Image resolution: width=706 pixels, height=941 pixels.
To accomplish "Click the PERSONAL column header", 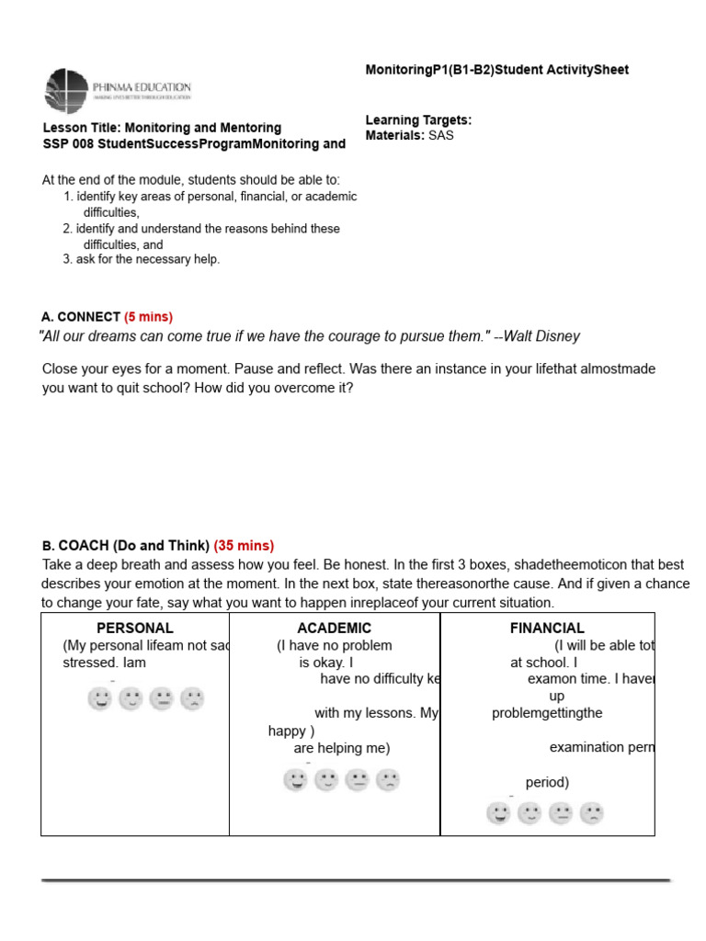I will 135,629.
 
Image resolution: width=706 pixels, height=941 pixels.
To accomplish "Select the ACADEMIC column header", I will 335,629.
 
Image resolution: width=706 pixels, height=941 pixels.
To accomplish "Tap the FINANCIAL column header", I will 547,629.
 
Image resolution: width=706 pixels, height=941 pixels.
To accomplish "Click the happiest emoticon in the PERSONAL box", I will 99,699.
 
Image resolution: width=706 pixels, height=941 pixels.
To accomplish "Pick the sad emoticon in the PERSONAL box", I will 192,699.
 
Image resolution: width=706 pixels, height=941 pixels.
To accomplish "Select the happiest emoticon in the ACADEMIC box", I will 295,781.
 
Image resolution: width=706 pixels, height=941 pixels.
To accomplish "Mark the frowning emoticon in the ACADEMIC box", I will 388,781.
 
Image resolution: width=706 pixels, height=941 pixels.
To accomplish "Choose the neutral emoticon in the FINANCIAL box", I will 561,813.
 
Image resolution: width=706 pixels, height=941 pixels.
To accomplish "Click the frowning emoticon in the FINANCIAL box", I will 592,813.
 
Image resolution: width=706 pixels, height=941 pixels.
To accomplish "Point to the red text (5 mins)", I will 148,317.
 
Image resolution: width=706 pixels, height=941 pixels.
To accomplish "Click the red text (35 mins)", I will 244,546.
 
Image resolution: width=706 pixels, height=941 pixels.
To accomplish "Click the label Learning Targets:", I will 418,120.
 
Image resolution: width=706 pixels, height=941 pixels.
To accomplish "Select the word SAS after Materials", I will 441,135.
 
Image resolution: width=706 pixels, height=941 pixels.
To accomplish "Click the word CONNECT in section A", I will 89,317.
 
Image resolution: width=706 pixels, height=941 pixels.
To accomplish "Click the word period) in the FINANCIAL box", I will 547,783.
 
